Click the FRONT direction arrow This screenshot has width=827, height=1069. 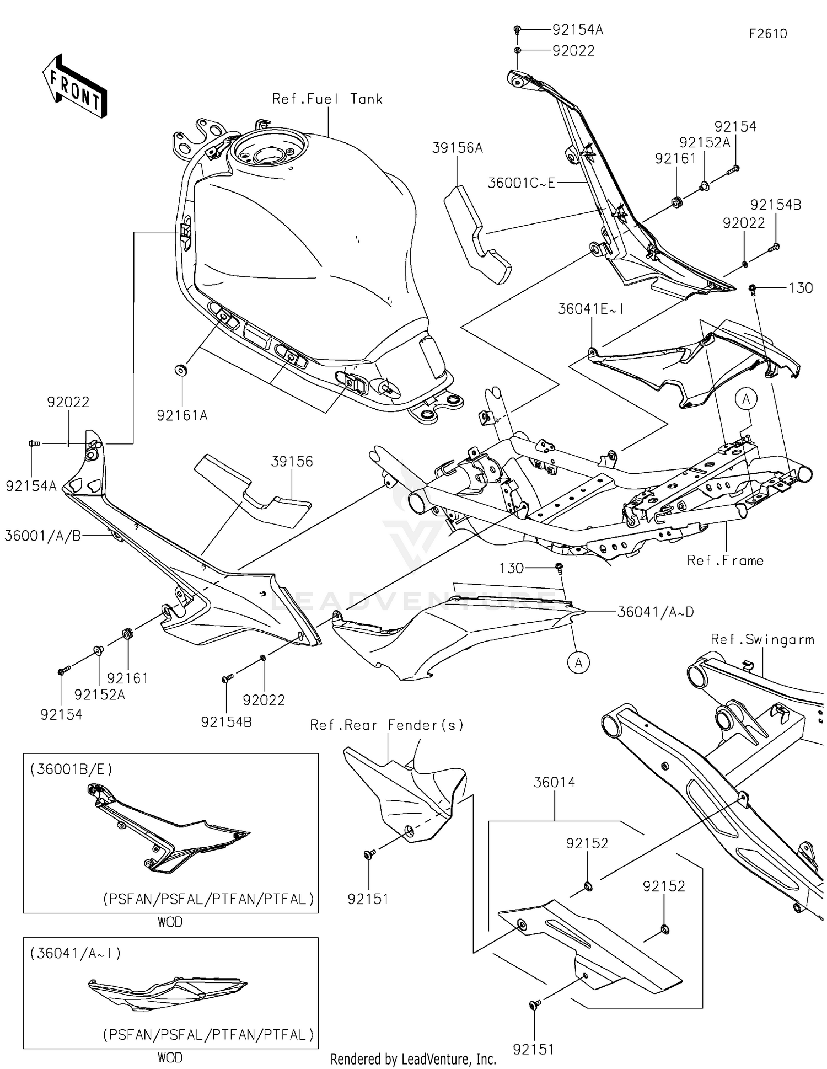coord(74,85)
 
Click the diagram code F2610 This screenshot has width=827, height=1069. coord(767,34)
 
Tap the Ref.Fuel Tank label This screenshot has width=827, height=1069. coord(327,99)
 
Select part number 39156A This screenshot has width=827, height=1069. coord(457,148)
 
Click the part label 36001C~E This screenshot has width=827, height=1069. coord(521,183)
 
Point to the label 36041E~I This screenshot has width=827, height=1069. coord(590,309)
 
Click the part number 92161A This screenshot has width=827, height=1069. coord(182,416)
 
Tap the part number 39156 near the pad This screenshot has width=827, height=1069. coord(292,461)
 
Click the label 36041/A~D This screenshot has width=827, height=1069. coord(655,612)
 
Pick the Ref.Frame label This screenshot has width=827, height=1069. coord(725,560)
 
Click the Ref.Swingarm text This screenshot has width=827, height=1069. coord(762,639)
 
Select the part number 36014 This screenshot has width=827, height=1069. coord(554,782)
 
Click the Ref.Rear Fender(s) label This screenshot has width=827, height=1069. coord(387,725)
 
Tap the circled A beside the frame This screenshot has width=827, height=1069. coord(747,399)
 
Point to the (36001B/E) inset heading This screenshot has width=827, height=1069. coord(71,769)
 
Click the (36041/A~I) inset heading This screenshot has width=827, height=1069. coord(76,953)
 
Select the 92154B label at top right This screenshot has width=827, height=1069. coord(775,205)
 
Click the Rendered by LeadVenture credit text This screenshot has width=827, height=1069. coord(413,1059)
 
